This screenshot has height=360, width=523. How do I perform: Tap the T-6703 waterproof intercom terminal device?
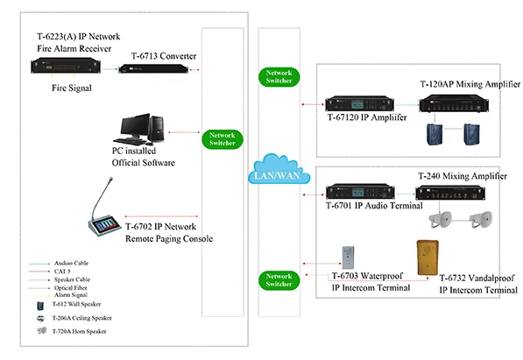click(x=348, y=258)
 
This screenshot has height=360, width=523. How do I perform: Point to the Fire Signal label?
click(x=62, y=88)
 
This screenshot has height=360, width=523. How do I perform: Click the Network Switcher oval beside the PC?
click(x=221, y=140)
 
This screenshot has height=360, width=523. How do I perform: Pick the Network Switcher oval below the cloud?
click(x=279, y=279)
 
